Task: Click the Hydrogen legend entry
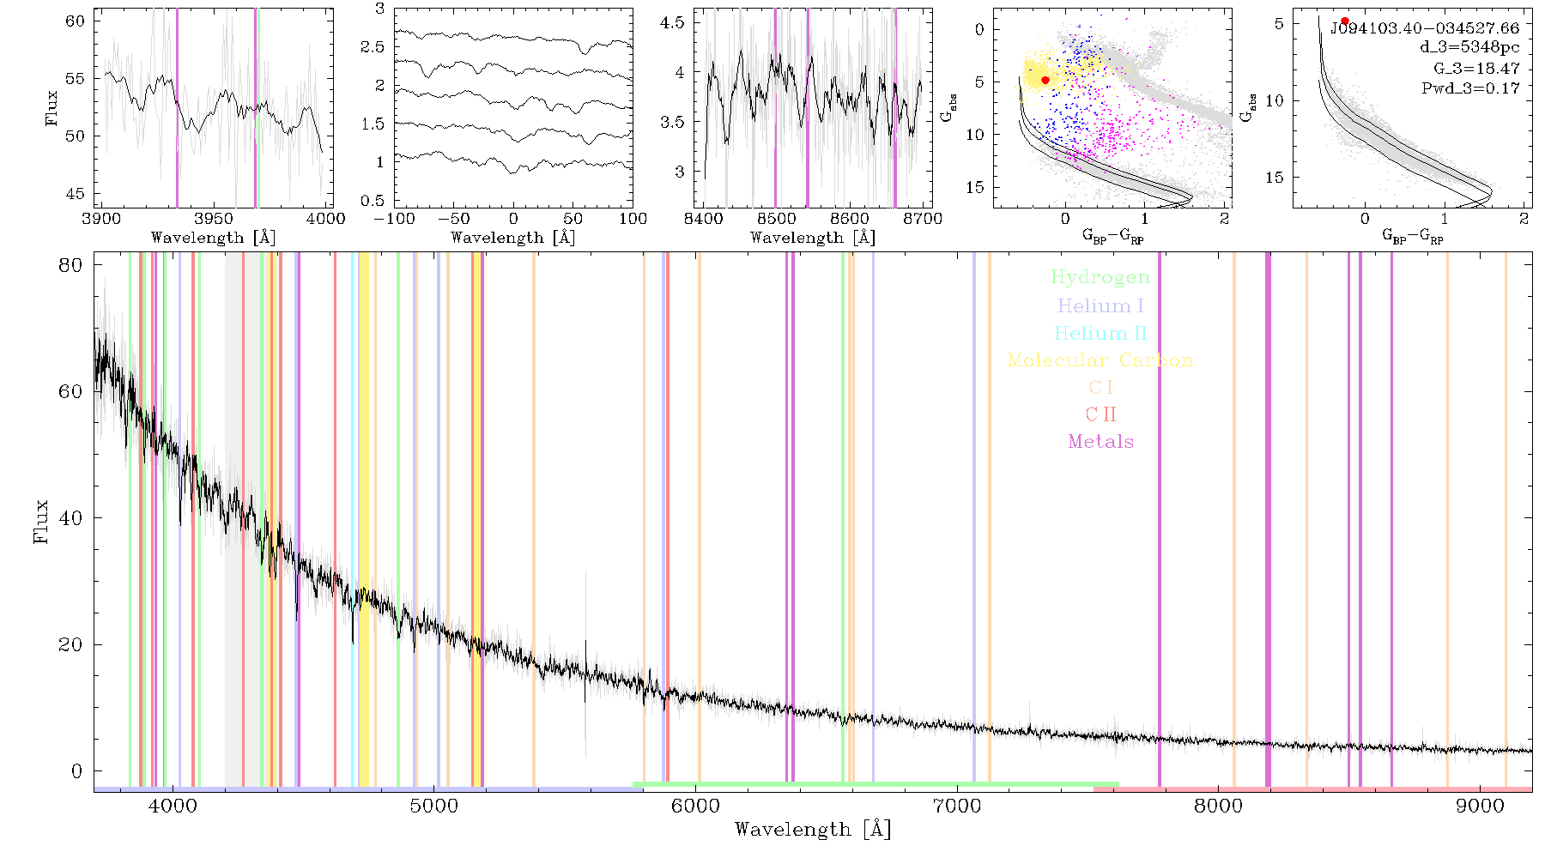pyautogui.click(x=1100, y=278)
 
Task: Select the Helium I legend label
pyautogui.click(x=1100, y=305)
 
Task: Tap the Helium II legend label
pyautogui.click(x=1100, y=333)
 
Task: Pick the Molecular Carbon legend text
pyautogui.click(x=1100, y=360)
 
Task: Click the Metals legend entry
pyautogui.click(x=1101, y=442)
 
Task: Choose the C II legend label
pyautogui.click(x=1101, y=414)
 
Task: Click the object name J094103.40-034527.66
pyautogui.click(x=1425, y=28)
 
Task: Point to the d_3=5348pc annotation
pyautogui.click(x=1469, y=48)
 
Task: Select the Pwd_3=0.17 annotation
pyautogui.click(x=1470, y=88)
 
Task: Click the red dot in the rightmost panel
pyautogui.click(x=1345, y=21)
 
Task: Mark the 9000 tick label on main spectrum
pyautogui.click(x=1480, y=807)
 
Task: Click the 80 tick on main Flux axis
pyautogui.click(x=70, y=265)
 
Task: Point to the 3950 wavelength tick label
pyautogui.click(x=214, y=218)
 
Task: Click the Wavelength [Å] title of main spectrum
pyautogui.click(x=813, y=830)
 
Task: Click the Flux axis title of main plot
pyautogui.click(x=40, y=522)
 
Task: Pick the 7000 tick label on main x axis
pyautogui.click(x=957, y=807)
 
